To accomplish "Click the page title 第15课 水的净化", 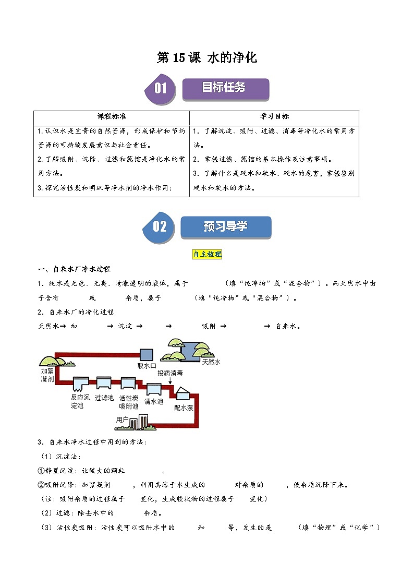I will [207, 58].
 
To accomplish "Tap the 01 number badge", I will [160, 89].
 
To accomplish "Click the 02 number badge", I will [159, 226].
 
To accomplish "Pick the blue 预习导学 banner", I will [225, 227].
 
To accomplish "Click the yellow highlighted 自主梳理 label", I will [207, 254].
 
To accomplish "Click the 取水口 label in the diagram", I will [147, 366].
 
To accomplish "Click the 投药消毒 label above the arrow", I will [171, 373].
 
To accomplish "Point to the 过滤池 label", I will [104, 398].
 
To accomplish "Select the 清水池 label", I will [154, 401].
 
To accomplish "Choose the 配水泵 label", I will [184, 408].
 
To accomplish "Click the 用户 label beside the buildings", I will [122, 418].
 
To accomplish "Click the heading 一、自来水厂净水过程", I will [74, 269].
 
